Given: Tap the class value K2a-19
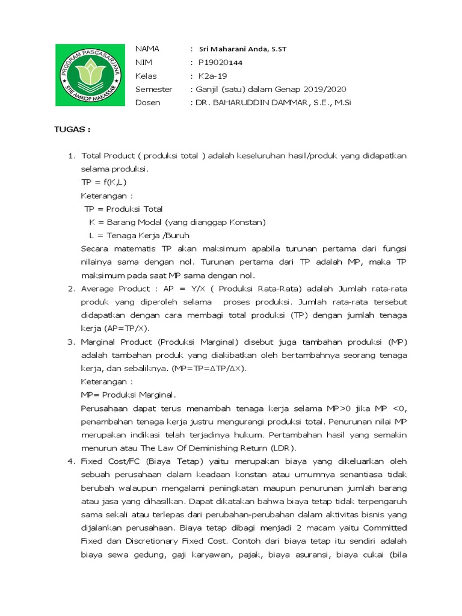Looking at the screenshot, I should tap(214, 76).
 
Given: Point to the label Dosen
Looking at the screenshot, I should tap(148, 102).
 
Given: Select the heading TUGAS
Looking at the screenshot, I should tap(72, 129).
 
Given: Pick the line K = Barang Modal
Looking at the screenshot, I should tap(177, 222).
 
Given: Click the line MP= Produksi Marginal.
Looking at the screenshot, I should tap(129, 395).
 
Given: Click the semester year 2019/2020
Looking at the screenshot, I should tap(326, 89).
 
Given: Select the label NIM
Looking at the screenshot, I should tap(144, 63).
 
